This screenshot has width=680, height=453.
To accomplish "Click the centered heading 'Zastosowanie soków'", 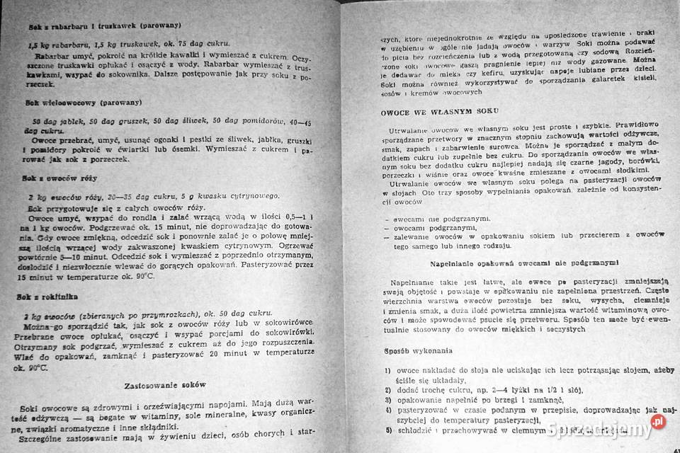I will pyautogui.click(x=165, y=385).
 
